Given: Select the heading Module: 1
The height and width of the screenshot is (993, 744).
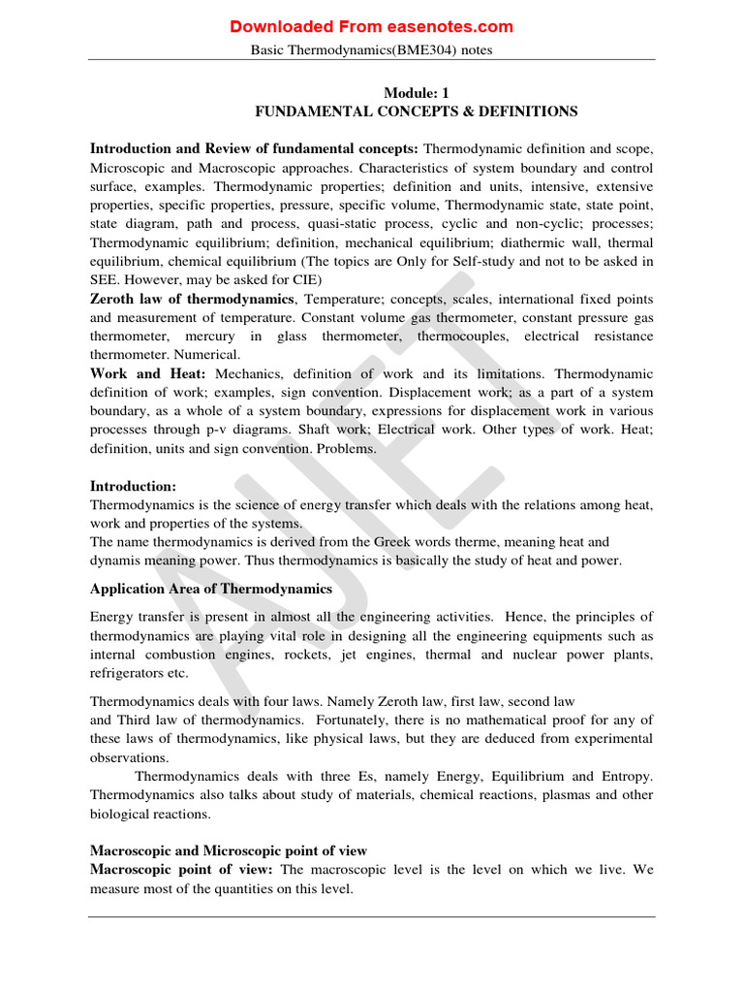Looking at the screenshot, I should [x=416, y=93].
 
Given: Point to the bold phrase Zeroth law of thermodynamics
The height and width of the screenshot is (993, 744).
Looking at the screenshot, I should [x=192, y=298].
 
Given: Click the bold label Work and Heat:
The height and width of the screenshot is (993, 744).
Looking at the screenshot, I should [x=148, y=373].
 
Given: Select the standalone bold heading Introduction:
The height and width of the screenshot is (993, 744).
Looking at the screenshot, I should [x=134, y=486].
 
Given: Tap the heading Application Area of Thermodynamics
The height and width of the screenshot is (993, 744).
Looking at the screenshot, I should [x=211, y=589].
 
